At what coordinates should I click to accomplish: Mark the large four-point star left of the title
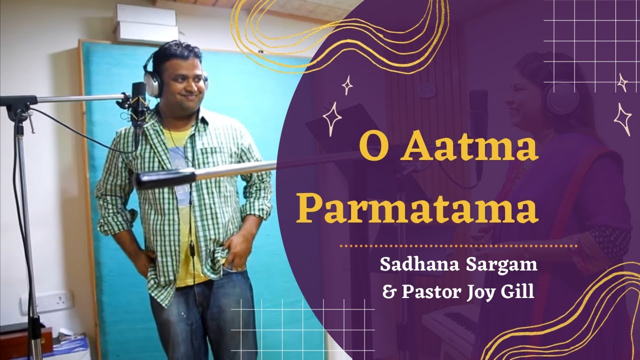[x=332, y=119]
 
